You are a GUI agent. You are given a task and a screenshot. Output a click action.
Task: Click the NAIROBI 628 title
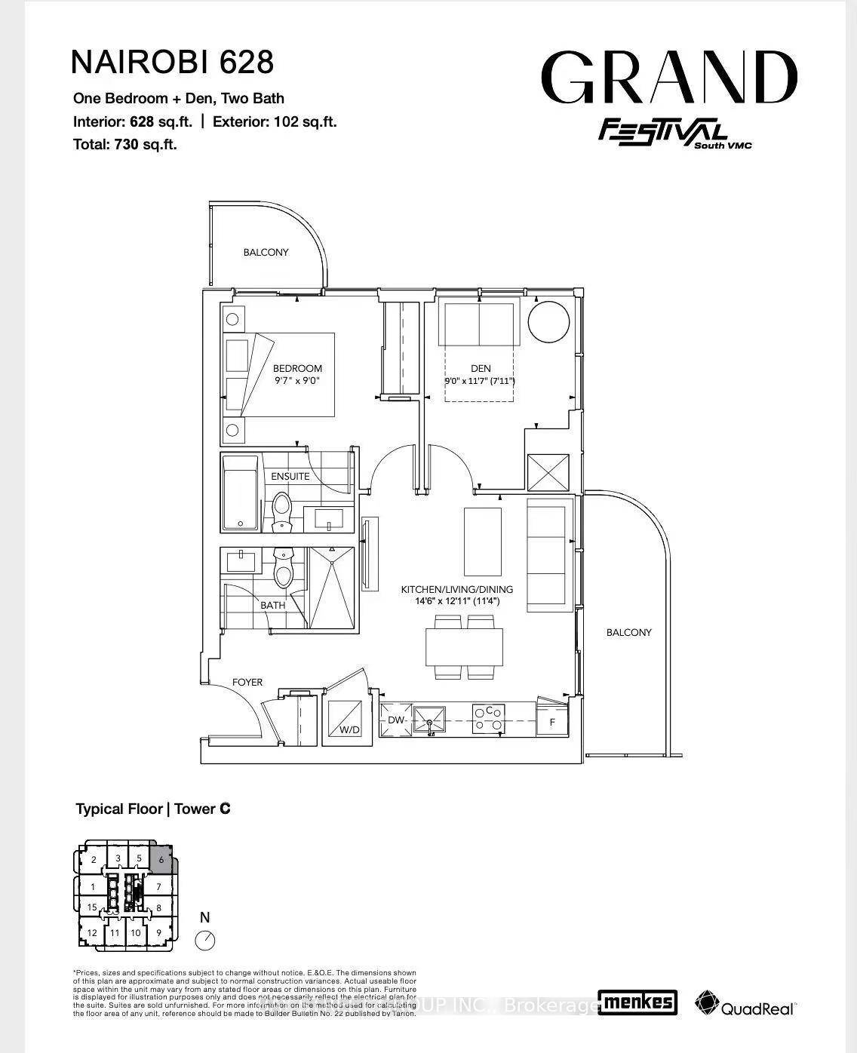pyautogui.click(x=172, y=62)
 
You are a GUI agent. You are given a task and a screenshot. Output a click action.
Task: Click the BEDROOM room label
pyautogui.click(x=297, y=368)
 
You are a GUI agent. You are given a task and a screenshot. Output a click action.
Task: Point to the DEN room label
pyautogui.click(x=480, y=368)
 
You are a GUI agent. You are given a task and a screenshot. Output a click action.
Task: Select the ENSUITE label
pyautogui.click(x=290, y=476)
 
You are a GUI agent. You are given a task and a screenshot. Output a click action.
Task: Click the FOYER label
pyautogui.click(x=247, y=682)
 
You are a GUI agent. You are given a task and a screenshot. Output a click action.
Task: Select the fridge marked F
pyautogui.click(x=552, y=722)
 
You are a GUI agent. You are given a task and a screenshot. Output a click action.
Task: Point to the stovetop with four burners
pyautogui.click(x=489, y=719)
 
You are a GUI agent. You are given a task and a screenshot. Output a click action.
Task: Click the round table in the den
pyautogui.click(x=548, y=322)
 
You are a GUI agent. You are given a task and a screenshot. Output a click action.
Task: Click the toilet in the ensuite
pyautogui.click(x=281, y=511)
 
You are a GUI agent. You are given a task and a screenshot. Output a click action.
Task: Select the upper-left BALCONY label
pyautogui.click(x=266, y=252)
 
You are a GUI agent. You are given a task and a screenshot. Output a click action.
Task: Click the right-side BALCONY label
pyautogui.click(x=628, y=632)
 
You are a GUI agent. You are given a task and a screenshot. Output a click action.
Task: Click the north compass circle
pyautogui.click(x=204, y=941)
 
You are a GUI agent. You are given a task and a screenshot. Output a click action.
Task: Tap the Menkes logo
pyautogui.click(x=637, y=1002)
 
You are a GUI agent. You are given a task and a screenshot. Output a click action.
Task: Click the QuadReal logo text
pyautogui.click(x=757, y=1008)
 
